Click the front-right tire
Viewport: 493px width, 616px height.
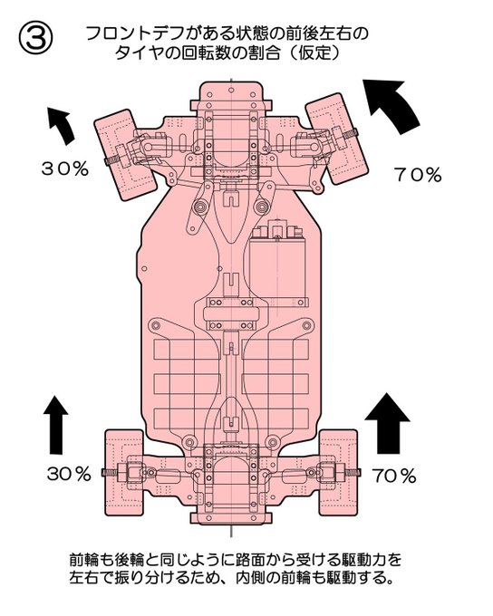tap(337, 139)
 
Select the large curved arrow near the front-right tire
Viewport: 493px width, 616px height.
tap(392, 103)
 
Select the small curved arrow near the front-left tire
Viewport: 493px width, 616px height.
tap(61, 125)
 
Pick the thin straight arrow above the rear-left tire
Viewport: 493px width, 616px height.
tap(56, 425)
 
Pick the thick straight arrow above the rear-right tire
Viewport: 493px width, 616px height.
tap(388, 423)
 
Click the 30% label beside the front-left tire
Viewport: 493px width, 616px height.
tap(65, 168)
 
